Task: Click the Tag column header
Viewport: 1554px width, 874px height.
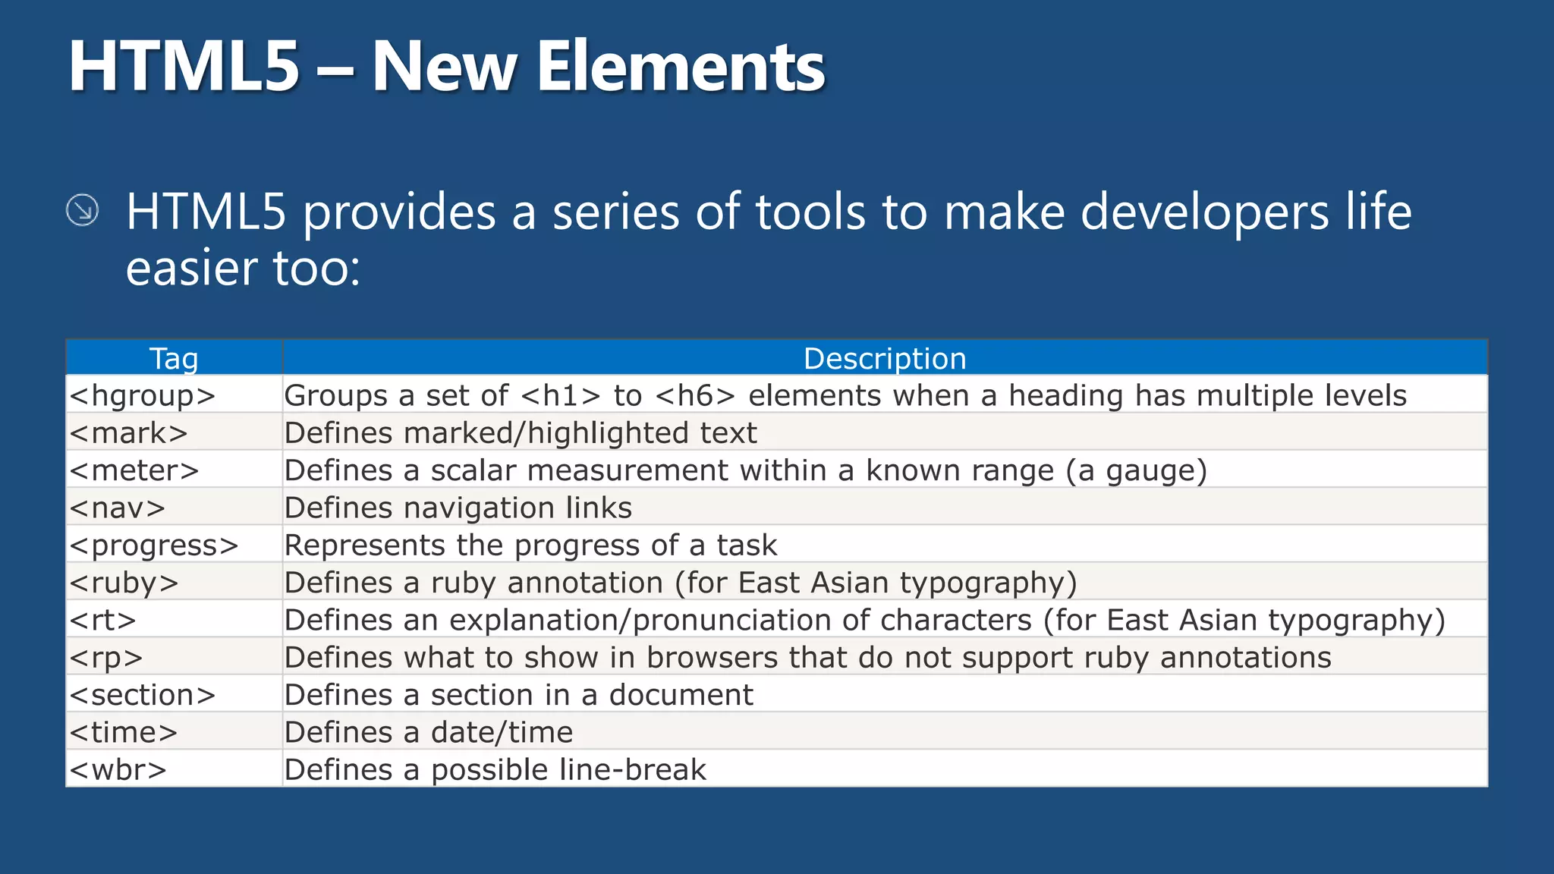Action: pos(174,358)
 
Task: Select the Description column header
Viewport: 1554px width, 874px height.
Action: pos(885,358)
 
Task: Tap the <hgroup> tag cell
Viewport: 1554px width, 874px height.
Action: pos(143,395)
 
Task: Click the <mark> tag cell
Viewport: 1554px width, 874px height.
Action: pos(128,432)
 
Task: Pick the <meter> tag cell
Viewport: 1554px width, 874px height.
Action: pos(134,470)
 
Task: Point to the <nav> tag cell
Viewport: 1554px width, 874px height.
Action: pos(118,508)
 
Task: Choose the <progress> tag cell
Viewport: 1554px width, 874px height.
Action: pos(154,545)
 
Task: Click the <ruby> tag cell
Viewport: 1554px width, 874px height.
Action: pos(124,583)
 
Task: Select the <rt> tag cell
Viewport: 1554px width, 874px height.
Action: pos(102,620)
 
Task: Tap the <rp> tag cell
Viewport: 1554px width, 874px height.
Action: pos(106,657)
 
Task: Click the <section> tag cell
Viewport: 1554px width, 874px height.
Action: pos(143,695)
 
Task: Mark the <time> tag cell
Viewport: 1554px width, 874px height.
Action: pos(124,732)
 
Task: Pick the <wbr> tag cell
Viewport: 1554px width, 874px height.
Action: pos(118,769)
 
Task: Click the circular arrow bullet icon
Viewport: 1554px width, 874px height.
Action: pos(82,210)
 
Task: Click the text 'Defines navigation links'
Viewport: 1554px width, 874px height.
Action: pos(458,508)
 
